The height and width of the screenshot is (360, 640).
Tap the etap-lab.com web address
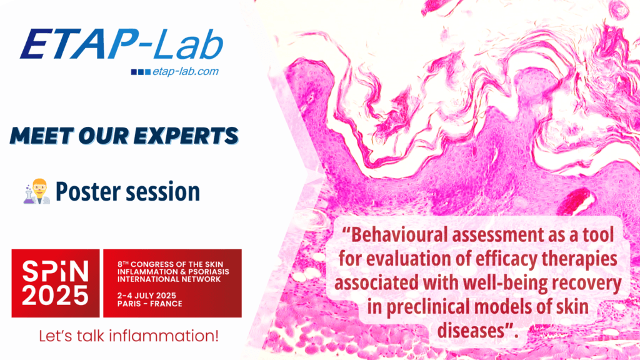(186, 71)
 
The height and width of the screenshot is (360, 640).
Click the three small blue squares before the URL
(141, 72)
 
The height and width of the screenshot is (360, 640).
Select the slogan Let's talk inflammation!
(129, 336)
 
